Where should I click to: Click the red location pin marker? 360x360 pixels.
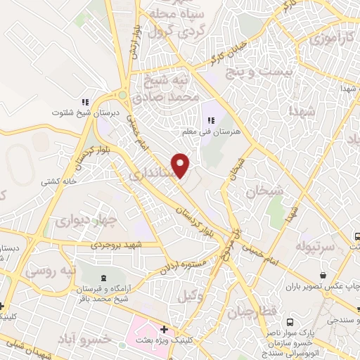(181, 165)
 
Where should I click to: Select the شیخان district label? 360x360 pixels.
(264, 190)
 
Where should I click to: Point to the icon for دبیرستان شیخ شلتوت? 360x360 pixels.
(85, 101)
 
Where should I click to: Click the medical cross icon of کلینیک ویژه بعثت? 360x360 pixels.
(164, 329)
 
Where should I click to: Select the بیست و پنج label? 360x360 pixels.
(264, 72)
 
